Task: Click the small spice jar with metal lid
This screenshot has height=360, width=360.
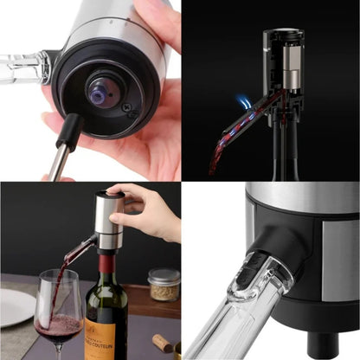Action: click(163, 283)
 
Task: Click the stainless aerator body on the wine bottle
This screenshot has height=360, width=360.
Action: click(108, 219)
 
